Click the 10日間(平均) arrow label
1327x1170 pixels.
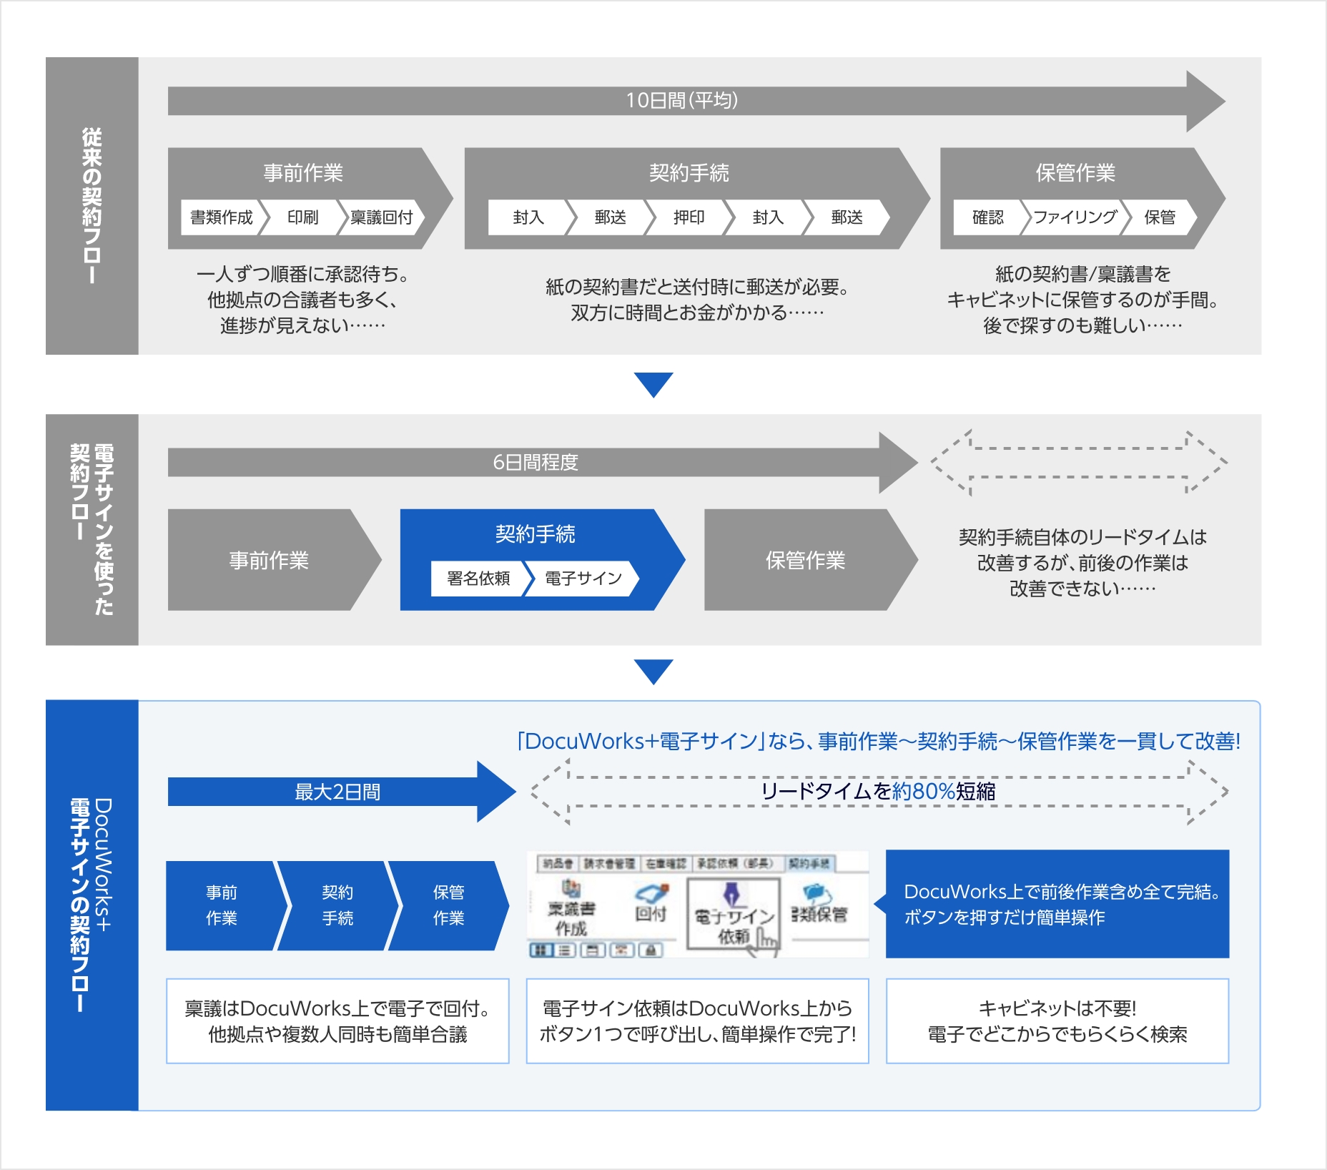pos(681,100)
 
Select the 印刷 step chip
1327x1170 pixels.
pos(302,217)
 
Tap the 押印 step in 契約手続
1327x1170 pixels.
pos(689,217)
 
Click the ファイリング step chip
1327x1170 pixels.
pos(1075,217)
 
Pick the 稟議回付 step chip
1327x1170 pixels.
pos(382,217)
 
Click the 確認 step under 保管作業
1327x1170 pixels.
pos(987,217)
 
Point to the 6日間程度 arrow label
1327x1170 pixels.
pos(535,463)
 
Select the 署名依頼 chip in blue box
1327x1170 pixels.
pos(478,579)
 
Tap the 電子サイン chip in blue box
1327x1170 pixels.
pos(583,579)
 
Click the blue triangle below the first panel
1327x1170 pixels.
pos(653,384)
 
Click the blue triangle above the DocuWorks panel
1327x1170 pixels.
pos(653,671)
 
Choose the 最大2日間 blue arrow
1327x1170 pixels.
pos(337,792)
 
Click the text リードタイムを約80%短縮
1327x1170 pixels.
pos(878,792)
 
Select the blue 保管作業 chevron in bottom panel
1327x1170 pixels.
pos(448,905)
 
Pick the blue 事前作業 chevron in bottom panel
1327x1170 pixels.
pos(222,905)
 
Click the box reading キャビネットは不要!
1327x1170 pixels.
pos(1057,1021)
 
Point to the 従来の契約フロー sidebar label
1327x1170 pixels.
pos(92,206)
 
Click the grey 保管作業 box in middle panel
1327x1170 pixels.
pos(805,560)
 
